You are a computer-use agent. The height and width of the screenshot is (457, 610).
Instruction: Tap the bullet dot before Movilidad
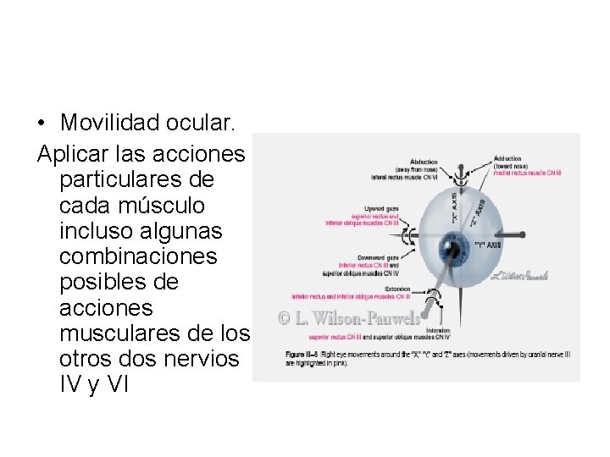[42, 124]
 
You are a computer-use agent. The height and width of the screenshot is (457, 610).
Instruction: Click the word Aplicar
[72, 155]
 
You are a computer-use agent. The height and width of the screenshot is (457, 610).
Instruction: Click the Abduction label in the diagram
[424, 161]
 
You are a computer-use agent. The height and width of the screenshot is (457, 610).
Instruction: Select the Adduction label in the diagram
[509, 158]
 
